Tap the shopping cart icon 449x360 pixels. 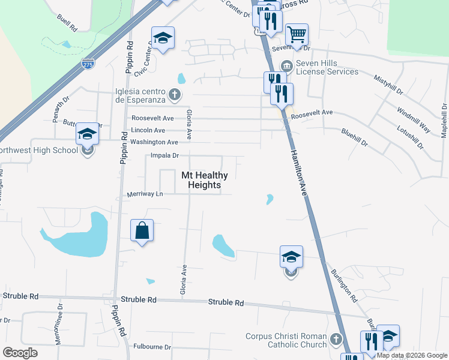pyautogui.click(x=297, y=34)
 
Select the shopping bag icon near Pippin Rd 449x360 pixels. pyautogui.click(x=142, y=230)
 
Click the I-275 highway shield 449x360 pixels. pyautogui.click(x=88, y=62)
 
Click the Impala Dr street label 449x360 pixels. pyautogui.click(x=164, y=155)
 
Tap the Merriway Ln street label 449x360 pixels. pyautogui.click(x=145, y=194)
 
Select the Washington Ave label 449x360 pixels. pyautogui.click(x=154, y=142)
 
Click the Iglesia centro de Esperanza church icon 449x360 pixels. pyautogui.click(x=174, y=94)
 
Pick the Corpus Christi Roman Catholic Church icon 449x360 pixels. pyautogui.click(x=336, y=340)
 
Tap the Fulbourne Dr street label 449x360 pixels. pyautogui.click(x=152, y=346)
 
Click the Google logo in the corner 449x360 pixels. pyautogui.click(x=20, y=352)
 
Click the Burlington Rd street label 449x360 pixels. pyautogui.click(x=344, y=285)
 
